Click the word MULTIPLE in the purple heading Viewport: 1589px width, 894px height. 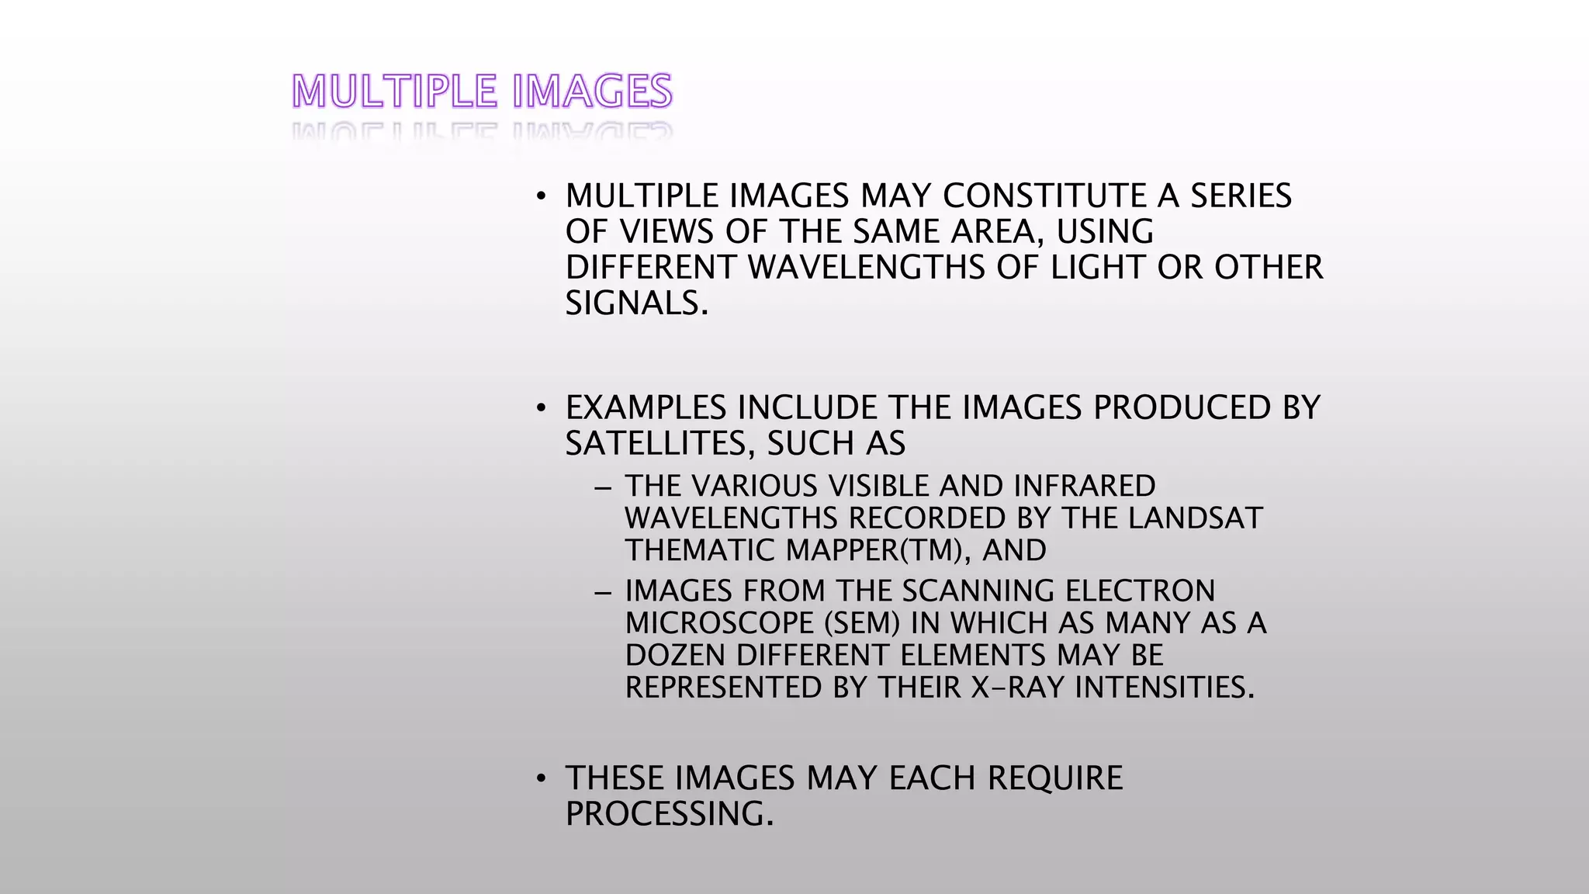[394, 92]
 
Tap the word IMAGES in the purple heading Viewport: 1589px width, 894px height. [592, 92]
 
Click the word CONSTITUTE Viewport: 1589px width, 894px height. [1044, 196]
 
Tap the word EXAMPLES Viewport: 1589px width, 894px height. [646, 407]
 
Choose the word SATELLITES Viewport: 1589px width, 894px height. [659, 443]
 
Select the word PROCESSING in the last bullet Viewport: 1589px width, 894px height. [669, 814]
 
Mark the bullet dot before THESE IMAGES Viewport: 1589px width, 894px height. [542, 778]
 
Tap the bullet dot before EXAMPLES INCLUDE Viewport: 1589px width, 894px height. [542, 408]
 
